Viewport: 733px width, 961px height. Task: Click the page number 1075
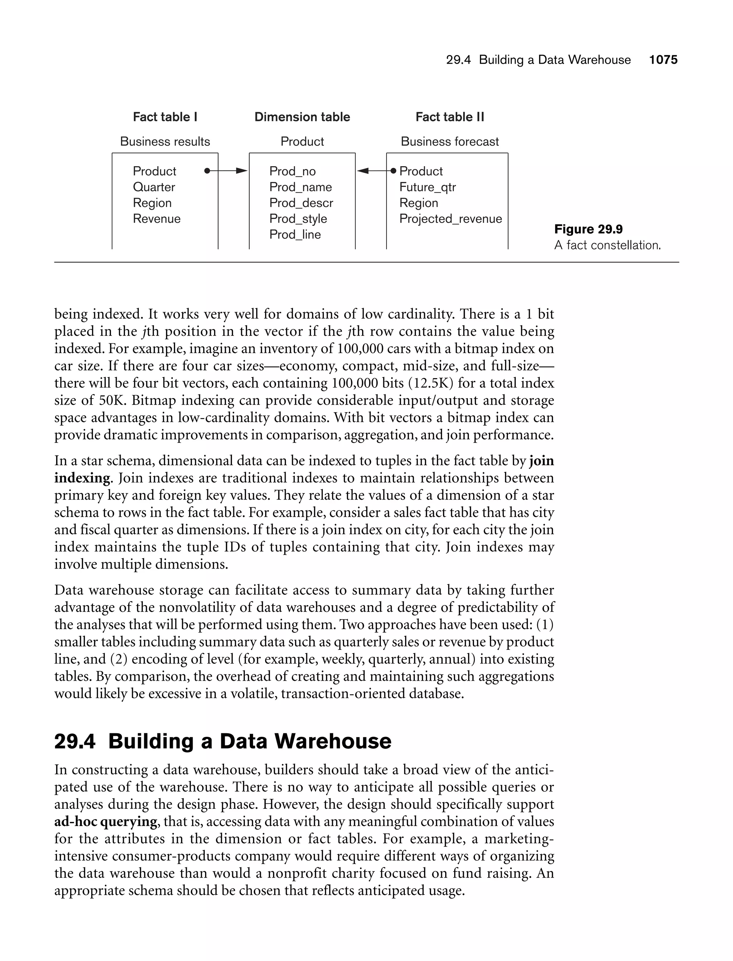663,60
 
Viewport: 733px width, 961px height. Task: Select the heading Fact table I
165,117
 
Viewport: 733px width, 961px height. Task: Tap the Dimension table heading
302,117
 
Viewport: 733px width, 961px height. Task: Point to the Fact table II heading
450,117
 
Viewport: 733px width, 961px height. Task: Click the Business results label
165,141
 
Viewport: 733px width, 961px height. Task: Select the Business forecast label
450,141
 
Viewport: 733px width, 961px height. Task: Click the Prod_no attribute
292,171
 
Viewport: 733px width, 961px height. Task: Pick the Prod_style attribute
298,219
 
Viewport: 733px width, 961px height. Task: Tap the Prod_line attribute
295,235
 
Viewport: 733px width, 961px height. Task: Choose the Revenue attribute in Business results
157,219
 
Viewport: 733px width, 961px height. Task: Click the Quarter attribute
154,187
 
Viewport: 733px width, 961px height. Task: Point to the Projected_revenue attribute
450,219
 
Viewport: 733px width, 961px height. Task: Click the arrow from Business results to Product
226,171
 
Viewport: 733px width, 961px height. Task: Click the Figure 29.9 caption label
588,229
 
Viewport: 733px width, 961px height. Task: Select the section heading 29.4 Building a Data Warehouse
223,741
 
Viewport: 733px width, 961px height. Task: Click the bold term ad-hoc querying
106,822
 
